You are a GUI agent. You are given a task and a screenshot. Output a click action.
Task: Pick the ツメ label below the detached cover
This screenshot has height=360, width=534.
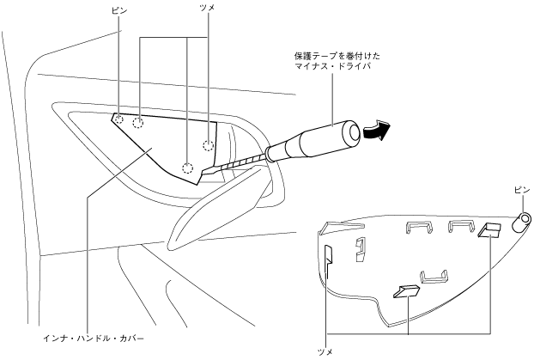tap(325, 351)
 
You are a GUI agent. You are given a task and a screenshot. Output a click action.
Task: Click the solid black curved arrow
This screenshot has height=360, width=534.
tap(374, 131)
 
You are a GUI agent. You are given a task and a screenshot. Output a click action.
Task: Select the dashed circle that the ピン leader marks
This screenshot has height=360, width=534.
tap(119, 119)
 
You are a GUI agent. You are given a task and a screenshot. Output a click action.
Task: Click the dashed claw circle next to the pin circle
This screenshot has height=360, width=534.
tap(137, 124)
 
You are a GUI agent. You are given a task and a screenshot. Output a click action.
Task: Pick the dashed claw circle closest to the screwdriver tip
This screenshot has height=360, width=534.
tap(188, 166)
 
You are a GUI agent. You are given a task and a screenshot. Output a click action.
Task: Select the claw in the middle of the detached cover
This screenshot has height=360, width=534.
tap(404, 291)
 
